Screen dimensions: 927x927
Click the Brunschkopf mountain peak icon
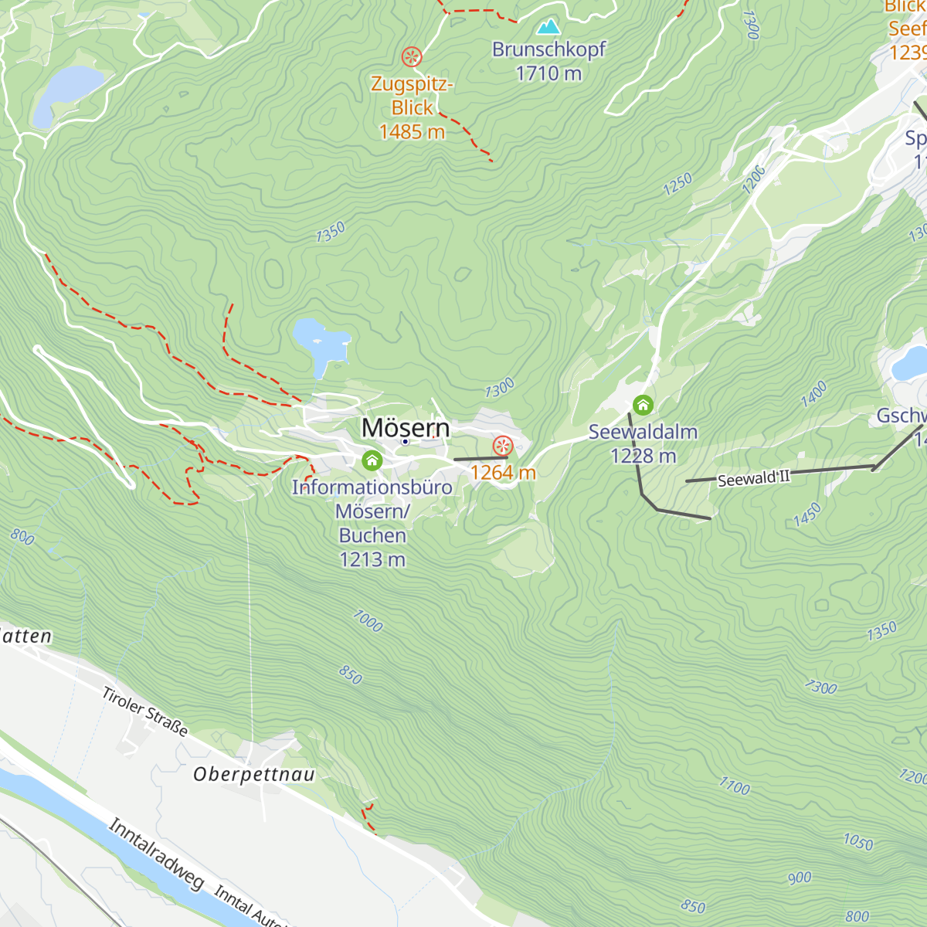click(x=548, y=27)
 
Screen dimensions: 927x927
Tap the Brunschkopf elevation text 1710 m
click(x=548, y=73)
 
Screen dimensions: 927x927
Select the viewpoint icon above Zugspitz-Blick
click(x=412, y=56)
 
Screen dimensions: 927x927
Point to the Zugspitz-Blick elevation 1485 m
click(x=412, y=132)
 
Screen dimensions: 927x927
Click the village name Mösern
click(x=406, y=427)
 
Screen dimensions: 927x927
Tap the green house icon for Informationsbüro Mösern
click(x=372, y=461)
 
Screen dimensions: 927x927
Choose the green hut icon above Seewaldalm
click(x=643, y=405)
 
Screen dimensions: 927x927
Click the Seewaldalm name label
click(x=643, y=432)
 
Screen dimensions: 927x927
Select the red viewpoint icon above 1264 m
click(x=503, y=446)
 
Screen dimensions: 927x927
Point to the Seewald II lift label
click(x=753, y=479)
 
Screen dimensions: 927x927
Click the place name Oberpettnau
click(x=254, y=774)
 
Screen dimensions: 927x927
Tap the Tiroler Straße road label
click(x=145, y=711)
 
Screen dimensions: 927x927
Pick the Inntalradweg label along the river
click(x=157, y=854)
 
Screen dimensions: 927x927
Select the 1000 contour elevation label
click(x=368, y=620)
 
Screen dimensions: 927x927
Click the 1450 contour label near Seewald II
click(x=806, y=515)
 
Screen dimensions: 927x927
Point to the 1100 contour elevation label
click(x=734, y=786)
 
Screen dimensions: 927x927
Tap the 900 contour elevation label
click(x=800, y=878)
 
